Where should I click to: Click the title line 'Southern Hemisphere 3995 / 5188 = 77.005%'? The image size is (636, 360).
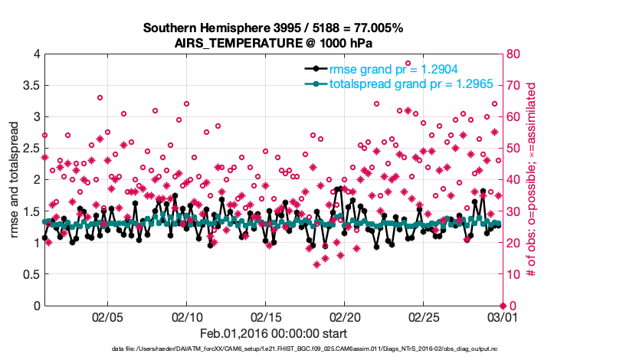click(273, 28)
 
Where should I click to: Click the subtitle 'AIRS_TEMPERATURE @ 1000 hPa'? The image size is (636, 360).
click(273, 43)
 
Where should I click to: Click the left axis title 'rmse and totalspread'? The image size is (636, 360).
click(14, 180)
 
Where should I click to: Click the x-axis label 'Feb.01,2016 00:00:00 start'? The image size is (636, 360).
click(273, 334)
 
